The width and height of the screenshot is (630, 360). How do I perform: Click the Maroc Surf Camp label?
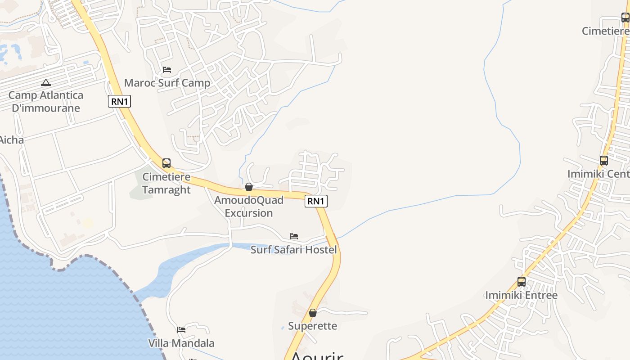coord(167,83)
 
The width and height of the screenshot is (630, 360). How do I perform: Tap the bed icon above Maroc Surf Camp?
coord(167,70)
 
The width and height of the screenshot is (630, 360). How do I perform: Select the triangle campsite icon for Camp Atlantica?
coord(45,83)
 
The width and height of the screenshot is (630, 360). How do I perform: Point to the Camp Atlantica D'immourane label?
coord(46,102)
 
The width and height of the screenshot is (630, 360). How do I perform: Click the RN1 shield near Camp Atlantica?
coord(119,101)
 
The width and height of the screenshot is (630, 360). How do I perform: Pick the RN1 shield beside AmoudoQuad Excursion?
coord(316,201)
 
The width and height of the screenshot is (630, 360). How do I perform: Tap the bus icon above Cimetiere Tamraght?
coord(166,163)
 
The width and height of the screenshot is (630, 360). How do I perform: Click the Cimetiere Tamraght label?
coord(166,183)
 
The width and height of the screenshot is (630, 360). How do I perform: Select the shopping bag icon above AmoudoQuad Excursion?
coord(249,187)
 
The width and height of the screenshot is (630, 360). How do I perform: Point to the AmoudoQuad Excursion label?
coord(249,207)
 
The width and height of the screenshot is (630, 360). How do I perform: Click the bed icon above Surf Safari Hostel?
coord(294,236)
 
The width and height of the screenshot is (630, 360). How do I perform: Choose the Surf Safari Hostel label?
coord(293,250)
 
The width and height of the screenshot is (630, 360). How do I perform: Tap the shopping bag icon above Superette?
coord(313,313)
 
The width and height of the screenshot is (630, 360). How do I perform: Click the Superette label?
coord(312,326)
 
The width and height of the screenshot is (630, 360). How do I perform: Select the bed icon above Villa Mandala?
coord(181,330)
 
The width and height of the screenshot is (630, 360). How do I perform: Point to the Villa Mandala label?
coord(181,343)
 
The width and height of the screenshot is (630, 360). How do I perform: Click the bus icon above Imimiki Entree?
coord(522,282)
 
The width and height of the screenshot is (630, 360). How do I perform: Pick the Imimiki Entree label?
coord(521,296)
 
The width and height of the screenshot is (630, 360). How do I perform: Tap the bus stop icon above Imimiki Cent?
coord(604,160)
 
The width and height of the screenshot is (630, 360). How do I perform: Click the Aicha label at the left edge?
coord(12,140)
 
